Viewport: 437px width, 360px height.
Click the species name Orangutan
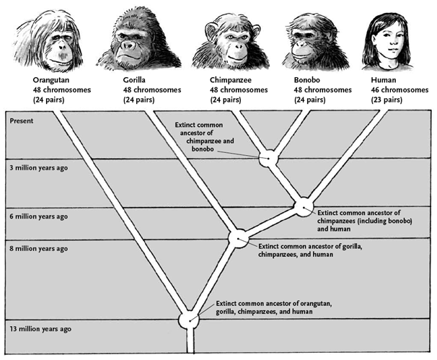(52, 80)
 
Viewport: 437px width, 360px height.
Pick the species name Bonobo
(309, 80)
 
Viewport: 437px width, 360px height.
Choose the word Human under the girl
(382, 80)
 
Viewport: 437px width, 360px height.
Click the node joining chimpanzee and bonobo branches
(270, 157)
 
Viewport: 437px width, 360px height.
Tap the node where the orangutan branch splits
(190, 318)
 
